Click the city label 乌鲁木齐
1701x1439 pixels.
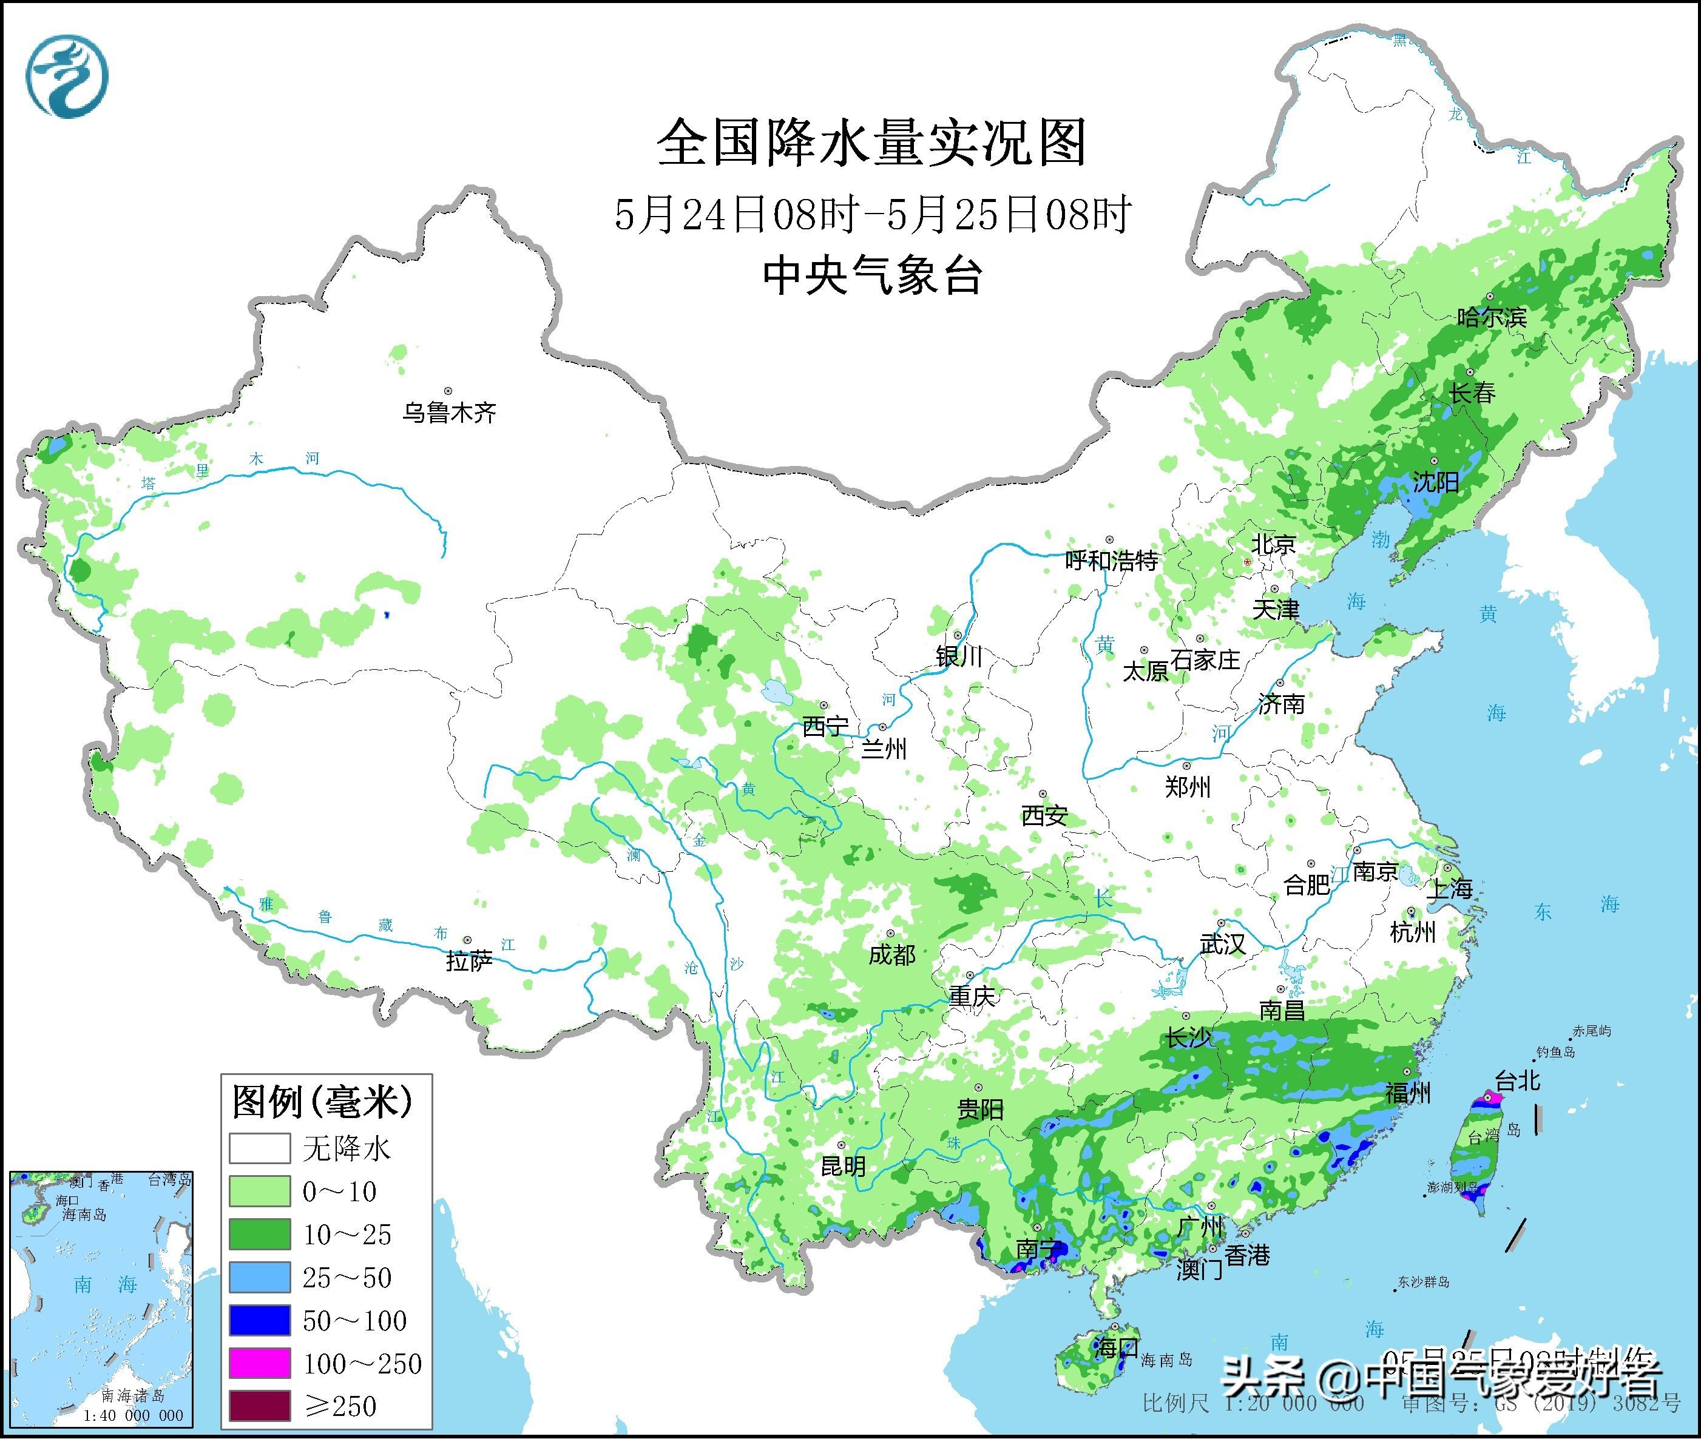pyautogui.click(x=448, y=413)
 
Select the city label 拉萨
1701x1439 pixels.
pyautogui.click(x=469, y=961)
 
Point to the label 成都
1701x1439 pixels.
pyautogui.click(x=891, y=954)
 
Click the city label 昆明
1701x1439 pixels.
pyautogui.click(x=843, y=1167)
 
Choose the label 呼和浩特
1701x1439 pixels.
pyautogui.click(x=1111, y=561)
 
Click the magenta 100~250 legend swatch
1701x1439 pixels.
pyautogui.click(x=260, y=1363)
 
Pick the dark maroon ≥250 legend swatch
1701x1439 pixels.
pyautogui.click(x=260, y=1406)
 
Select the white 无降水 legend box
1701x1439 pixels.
pyautogui.click(x=260, y=1148)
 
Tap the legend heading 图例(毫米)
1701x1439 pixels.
pyautogui.click(x=322, y=1102)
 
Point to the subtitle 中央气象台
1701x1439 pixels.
pyautogui.click(x=871, y=275)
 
